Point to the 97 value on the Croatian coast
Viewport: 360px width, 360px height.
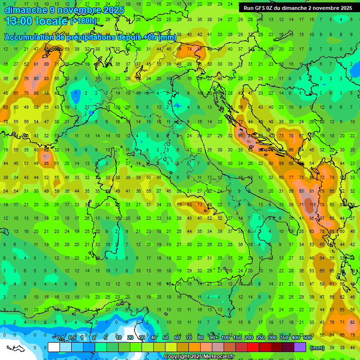(x=240, y=135)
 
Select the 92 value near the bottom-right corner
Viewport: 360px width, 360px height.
(x=352, y=322)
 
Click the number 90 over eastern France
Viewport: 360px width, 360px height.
(x=36, y=79)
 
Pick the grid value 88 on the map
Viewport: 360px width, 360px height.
(x=36, y=93)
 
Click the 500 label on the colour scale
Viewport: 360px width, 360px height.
(x=307, y=338)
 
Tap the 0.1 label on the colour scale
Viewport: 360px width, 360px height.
(x=60, y=338)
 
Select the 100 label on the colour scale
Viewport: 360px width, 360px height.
(x=225, y=338)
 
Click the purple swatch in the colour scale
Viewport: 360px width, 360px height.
(x=300, y=347)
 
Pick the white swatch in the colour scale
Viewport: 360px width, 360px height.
(x=54, y=347)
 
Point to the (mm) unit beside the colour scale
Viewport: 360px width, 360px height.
(x=317, y=348)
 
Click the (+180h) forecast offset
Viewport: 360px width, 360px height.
(x=83, y=21)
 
